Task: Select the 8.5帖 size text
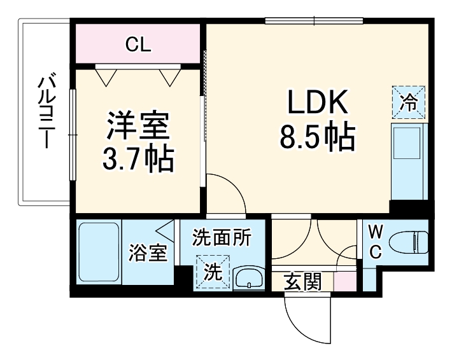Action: tap(316, 137)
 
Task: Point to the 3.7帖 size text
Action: tap(138, 159)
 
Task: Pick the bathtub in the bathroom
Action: tap(99, 253)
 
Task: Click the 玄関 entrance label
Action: tap(302, 281)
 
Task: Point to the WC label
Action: tap(375, 242)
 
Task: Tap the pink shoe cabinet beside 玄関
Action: tap(344, 280)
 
